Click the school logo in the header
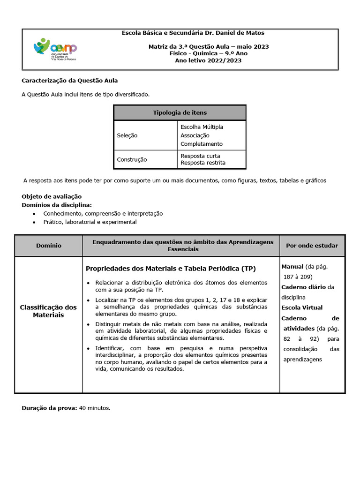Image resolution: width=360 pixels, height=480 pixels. [55, 49]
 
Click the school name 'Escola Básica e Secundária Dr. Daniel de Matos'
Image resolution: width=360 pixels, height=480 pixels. [193, 33]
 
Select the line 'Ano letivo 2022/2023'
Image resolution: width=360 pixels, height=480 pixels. [208, 60]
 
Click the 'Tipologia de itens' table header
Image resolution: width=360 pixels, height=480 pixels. [180, 112]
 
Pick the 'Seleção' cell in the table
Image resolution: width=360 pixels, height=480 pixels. [127, 135]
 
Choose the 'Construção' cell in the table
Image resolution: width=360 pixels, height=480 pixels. [132, 159]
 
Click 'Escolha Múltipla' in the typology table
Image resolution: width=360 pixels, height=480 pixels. [202, 127]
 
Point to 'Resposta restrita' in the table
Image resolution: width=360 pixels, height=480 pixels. [202, 163]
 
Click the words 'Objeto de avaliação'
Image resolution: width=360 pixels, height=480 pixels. [52, 196]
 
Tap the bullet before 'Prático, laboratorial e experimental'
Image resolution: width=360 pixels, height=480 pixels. [34, 222]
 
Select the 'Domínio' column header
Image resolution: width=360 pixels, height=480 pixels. [48, 246]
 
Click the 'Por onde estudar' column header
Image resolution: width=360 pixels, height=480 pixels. [312, 246]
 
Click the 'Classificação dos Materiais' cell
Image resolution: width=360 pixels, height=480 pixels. [48, 311]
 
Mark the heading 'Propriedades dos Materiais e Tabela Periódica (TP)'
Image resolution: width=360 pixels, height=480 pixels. [171, 269]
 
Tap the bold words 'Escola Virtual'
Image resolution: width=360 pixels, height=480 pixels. [302, 307]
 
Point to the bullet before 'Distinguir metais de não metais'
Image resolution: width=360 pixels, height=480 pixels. [89, 324]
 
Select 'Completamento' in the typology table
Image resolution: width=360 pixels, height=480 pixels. [202, 144]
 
